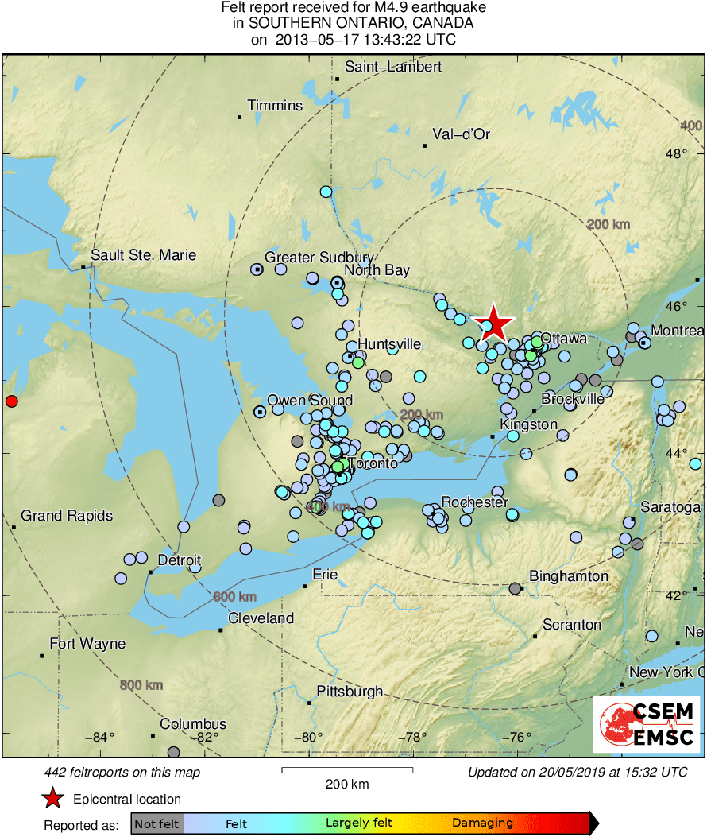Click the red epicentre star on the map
click(493, 323)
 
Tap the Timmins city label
click(275, 106)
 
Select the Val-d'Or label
click(461, 134)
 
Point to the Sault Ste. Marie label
click(143, 255)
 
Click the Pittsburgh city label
click(350, 692)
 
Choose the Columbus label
click(193, 724)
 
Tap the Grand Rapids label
click(67, 516)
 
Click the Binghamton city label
click(569, 576)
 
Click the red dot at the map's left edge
click(11, 401)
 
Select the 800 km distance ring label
click(141, 685)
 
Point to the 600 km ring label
click(235, 597)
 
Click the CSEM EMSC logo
click(647, 723)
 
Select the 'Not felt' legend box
click(156, 823)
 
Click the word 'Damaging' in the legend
click(482, 823)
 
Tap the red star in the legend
click(53, 799)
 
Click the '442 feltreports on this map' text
click(122, 773)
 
